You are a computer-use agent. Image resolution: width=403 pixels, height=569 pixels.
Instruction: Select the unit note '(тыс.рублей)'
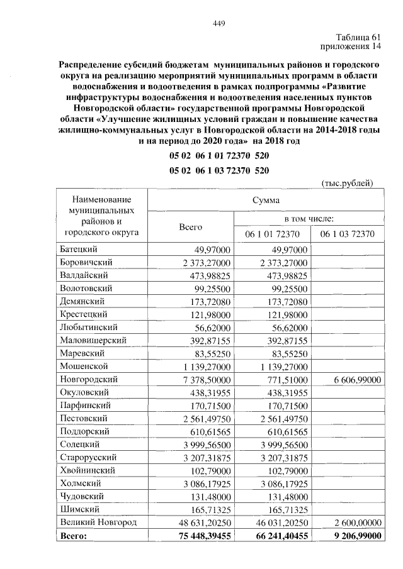(348, 183)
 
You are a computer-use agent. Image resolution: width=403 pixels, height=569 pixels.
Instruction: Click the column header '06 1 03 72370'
(347, 235)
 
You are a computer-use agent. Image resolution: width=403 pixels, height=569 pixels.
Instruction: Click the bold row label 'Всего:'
(75, 535)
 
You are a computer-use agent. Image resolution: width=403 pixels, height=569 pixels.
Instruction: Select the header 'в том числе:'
(309, 218)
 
